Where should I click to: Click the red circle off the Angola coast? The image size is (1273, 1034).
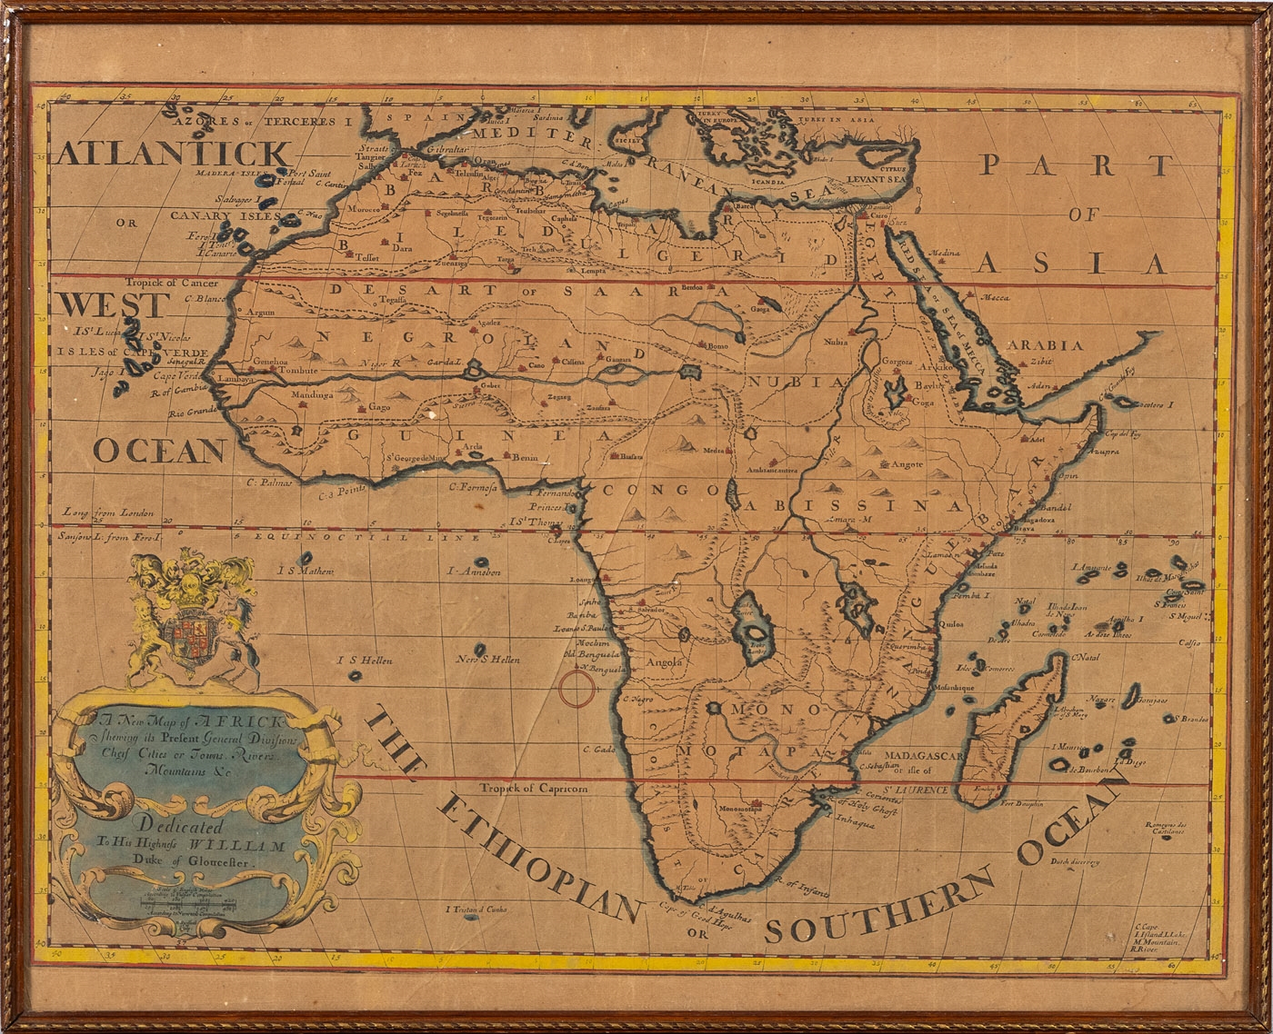[x=577, y=688]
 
